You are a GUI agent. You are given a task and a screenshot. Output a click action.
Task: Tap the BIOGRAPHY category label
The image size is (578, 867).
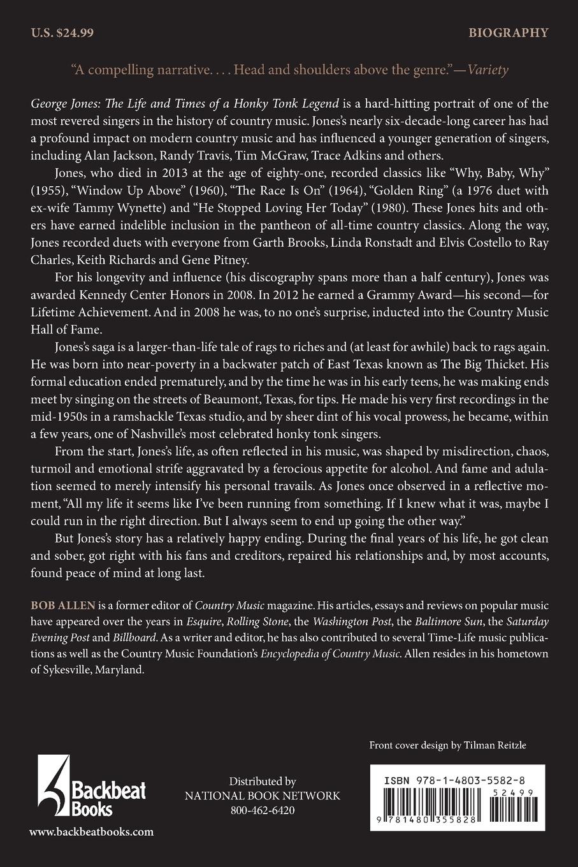(x=509, y=33)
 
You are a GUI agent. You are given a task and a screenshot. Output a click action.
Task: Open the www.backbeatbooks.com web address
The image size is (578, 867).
(x=91, y=831)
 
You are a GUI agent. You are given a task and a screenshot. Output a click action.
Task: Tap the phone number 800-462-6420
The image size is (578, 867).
(x=263, y=811)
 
